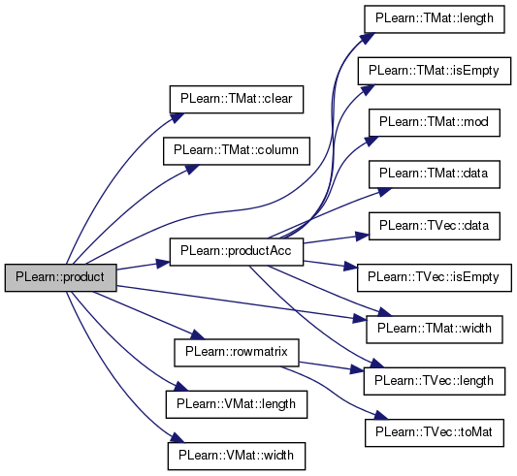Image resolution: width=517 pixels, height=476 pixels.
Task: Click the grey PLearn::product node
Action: (61, 277)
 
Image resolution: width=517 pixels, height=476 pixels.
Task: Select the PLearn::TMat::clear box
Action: (237, 100)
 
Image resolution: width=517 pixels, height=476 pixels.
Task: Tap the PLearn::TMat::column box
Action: (237, 151)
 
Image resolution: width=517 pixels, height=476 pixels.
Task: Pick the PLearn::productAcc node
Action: (237, 252)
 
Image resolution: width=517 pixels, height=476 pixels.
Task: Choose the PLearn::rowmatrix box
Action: (237, 352)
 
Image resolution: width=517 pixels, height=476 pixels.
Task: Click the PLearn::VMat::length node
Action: (237, 404)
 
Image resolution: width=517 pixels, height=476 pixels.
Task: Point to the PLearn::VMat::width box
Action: (237, 456)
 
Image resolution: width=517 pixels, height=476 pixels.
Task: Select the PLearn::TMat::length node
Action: (435, 18)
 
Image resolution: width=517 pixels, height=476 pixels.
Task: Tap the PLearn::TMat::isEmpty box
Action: (435, 71)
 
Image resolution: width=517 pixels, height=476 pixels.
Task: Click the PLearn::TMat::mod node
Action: (435, 122)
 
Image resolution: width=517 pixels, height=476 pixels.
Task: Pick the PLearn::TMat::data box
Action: (435, 175)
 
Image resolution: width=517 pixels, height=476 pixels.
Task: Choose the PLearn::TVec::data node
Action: (435, 226)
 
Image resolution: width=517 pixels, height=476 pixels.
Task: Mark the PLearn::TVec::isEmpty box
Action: (435, 277)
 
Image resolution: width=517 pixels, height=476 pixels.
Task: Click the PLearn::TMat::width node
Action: (435, 330)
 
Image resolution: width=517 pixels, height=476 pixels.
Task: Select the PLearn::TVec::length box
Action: (435, 381)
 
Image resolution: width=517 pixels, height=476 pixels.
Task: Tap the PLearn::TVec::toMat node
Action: (435, 432)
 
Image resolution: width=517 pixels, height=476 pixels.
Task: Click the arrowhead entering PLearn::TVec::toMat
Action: (382, 416)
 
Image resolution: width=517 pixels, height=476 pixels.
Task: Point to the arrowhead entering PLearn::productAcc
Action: (163, 264)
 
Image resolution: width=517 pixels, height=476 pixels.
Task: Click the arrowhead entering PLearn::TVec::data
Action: (362, 236)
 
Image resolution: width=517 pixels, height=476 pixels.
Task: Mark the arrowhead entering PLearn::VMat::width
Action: (177, 438)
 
